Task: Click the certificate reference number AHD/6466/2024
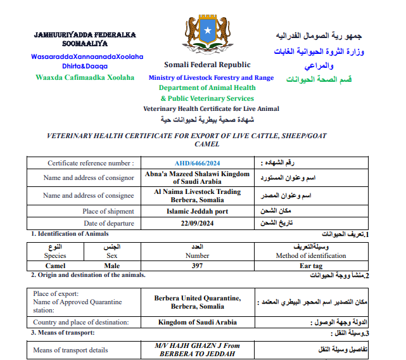click(x=198, y=163)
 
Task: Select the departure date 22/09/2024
click(x=198, y=223)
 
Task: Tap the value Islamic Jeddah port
click(x=198, y=211)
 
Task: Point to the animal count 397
click(x=197, y=266)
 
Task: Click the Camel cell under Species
click(x=55, y=266)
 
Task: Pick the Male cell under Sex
click(x=112, y=266)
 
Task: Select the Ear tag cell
click(x=311, y=266)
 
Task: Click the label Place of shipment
click(x=108, y=211)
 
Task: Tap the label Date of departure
click(x=109, y=223)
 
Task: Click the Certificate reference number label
click(x=91, y=163)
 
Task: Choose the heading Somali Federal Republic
click(x=207, y=65)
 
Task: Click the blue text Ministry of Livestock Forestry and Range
click(x=211, y=78)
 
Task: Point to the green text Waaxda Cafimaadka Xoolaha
click(x=85, y=77)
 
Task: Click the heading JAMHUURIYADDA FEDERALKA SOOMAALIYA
click(x=85, y=39)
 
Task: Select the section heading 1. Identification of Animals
click(x=66, y=234)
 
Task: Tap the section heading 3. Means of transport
click(x=63, y=332)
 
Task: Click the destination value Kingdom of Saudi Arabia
click(x=198, y=322)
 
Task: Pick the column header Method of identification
click(x=311, y=255)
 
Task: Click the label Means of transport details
click(x=71, y=350)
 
